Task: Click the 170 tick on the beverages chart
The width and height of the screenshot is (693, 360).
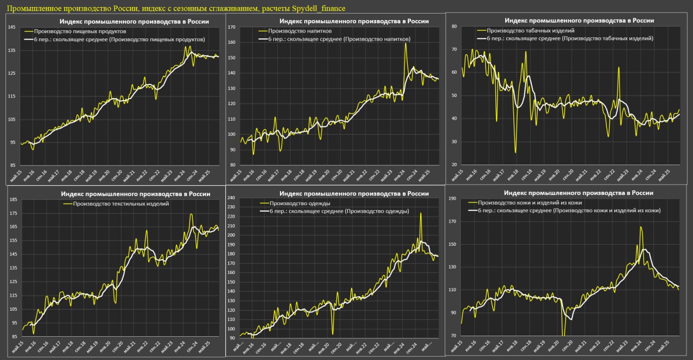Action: (x=232, y=27)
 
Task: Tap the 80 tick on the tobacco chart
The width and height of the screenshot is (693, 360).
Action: (x=454, y=26)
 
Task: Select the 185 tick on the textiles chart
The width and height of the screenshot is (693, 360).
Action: (x=12, y=200)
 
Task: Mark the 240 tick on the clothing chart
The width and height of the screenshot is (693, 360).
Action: (x=231, y=198)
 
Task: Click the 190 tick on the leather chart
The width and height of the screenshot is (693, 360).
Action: (x=454, y=199)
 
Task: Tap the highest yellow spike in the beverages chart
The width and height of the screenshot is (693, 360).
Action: (x=405, y=43)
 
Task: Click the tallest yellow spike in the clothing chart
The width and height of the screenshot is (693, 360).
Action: (x=421, y=213)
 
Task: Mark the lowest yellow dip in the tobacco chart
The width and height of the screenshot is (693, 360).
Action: (x=515, y=153)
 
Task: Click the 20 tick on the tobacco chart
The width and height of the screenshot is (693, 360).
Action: (x=454, y=165)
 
